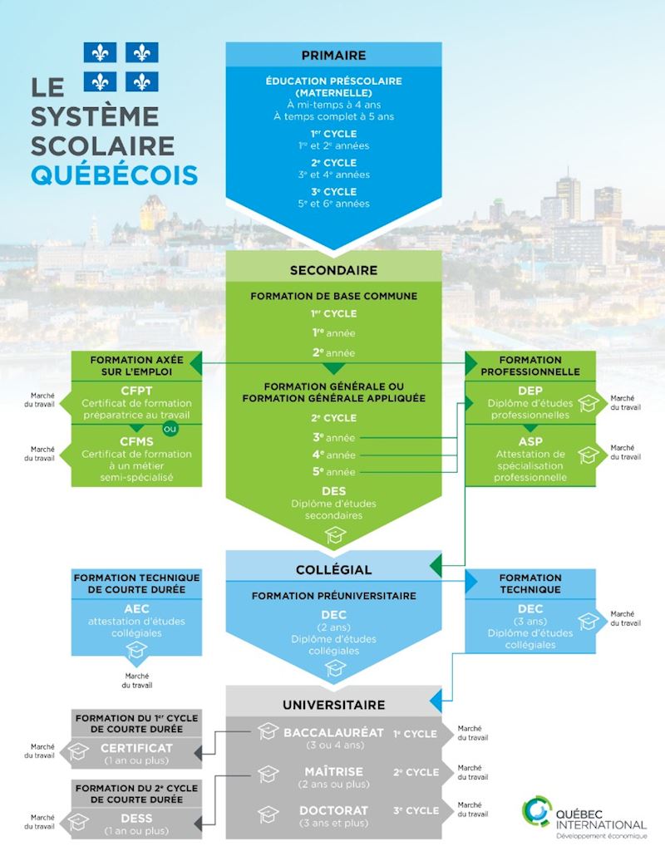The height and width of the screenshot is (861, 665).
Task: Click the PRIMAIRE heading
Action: click(x=333, y=55)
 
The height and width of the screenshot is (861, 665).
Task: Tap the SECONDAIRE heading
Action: click(x=333, y=270)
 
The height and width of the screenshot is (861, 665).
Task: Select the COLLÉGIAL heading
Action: click(x=333, y=569)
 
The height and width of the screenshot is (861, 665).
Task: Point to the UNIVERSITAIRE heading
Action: click(x=333, y=705)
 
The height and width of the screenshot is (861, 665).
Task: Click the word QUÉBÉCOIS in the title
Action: click(x=114, y=175)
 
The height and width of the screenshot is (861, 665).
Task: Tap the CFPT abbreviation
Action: click(x=136, y=391)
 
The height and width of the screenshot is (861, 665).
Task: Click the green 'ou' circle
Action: click(x=170, y=428)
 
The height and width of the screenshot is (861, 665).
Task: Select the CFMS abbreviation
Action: click(x=136, y=441)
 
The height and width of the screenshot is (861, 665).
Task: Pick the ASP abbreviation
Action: click(x=530, y=441)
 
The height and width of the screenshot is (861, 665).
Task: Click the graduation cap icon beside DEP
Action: click(x=589, y=403)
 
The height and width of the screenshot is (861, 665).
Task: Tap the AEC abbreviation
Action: click(x=136, y=608)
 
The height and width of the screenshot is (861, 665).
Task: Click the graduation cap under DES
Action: click(x=334, y=534)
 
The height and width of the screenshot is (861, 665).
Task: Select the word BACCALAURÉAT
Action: click(x=333, y=732)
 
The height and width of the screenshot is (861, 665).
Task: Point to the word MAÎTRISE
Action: click(x=333, y=771)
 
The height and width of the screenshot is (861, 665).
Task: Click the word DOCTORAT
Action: click(x=333, y=810)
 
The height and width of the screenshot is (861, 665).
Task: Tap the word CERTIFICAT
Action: click(x=136, y=748)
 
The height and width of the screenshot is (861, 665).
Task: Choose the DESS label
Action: click(x=136, y=818)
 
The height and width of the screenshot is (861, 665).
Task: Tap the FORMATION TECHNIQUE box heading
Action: click(x=530, y=583)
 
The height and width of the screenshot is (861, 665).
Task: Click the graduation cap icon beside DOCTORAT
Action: click(x=268, y=814)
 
